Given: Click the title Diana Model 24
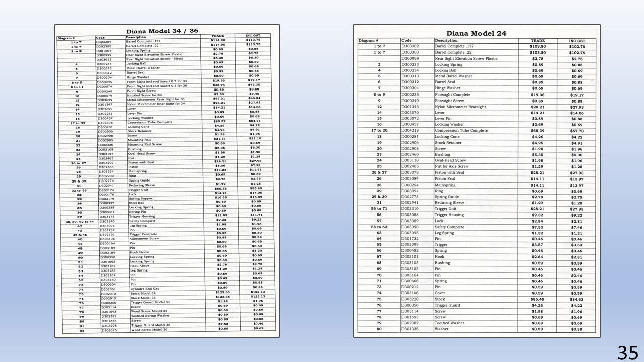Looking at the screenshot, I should pyautogui.click(x=476, y=33).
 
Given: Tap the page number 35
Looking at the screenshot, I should pyautogui.click(x=627, y=352).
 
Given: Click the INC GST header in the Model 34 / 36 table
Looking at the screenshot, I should pyautogui.click(x=253, y=36).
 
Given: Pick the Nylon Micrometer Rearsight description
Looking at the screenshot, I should pyautogui.click(x=460, y=107).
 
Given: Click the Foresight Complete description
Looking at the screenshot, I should pyautogui.click(x=452, y=95).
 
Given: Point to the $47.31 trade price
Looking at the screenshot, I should pyautogui.click(x=218, y=99).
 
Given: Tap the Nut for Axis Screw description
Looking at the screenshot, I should pyautogui.click(x=451, y=166).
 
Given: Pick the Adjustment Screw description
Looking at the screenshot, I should pyautogui.click(x=144, y=239).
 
